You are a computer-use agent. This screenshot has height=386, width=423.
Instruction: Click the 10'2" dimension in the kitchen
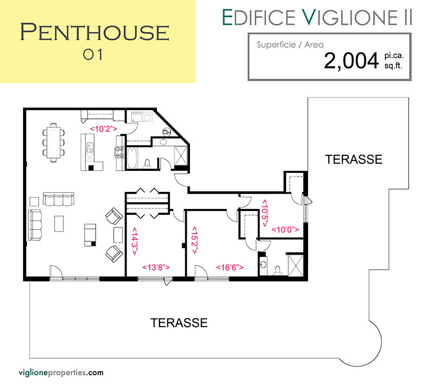[x=103, y=129]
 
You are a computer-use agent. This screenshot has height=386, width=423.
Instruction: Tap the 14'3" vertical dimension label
[x=134, y=241]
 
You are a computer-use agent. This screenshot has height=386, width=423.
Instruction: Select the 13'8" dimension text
[x=156, y=267]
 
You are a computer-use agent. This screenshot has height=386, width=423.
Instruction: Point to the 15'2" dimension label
[x=195, y=240]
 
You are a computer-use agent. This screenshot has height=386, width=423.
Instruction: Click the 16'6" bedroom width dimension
[x=230, y=267]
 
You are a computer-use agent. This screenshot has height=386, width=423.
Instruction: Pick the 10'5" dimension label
[x=265, y=214]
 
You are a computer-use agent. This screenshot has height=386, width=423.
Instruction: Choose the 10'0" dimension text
[x=285, y=230]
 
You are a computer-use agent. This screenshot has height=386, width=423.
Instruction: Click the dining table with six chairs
[x=54, y=143]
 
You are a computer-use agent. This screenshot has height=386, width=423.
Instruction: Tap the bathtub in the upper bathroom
[x=132, y=158]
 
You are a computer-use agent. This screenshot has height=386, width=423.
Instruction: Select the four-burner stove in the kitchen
[x=119, y=152]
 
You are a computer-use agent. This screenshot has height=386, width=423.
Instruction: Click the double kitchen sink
[x=90, y=148]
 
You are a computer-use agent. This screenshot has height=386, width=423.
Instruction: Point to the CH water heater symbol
[x=166, y=132]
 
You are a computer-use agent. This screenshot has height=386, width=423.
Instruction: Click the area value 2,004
[x=351, y=61]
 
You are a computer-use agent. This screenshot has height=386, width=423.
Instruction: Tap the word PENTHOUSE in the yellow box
[x=95, y=32]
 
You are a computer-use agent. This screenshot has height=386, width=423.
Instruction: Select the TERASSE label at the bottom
[x=179, y=323]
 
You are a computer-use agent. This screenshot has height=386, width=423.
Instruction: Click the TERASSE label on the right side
[x=354, y=159]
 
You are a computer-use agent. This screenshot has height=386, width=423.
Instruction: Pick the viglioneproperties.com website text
[x=61, y=373]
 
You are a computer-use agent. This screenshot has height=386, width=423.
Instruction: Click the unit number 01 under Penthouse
[x=93, y=55]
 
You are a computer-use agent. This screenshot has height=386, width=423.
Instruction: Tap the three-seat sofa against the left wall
[x=36, y=225]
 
